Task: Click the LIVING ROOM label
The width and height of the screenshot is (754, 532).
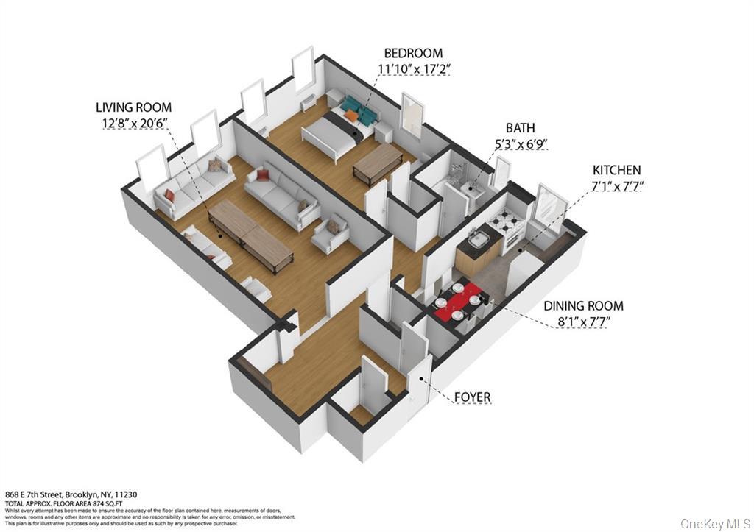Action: tap(133, 107)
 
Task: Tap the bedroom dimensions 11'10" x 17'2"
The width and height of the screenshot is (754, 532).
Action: tap(413, 69)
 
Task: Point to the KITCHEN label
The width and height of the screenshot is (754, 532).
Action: tap(616, 170)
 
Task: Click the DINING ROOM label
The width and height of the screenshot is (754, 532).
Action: tap(583, 305)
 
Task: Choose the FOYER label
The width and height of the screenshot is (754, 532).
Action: tap(472, 397)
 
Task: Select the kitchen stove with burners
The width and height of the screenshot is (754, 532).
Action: tap(506, 222)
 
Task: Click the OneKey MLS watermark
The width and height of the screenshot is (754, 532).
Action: tap(714, 523)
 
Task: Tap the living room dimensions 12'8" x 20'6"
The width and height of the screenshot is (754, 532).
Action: tap(133, 124)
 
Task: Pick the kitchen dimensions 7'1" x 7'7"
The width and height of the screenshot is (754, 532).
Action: tap(616, 186)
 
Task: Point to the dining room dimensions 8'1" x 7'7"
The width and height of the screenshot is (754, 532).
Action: tap(583, 322)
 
